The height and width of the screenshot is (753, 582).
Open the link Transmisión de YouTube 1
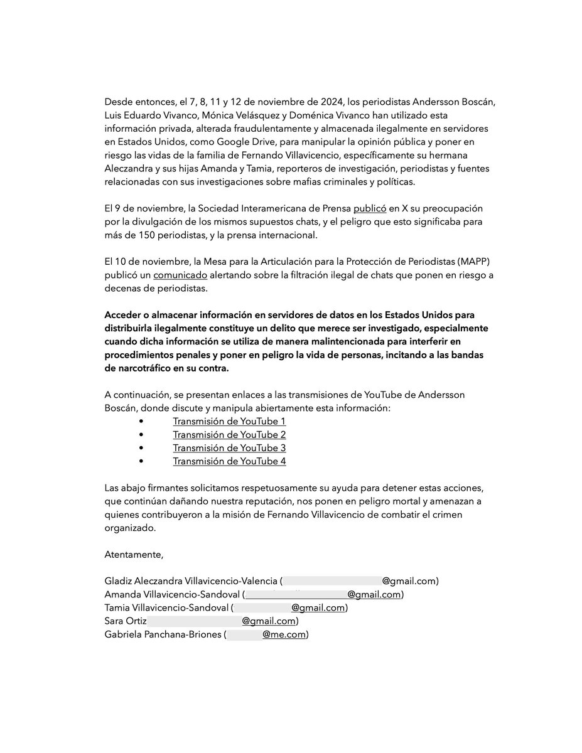229,421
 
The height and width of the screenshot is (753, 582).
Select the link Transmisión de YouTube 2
229,434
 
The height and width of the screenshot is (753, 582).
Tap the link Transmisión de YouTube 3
229,447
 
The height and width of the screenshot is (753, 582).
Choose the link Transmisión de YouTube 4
229,461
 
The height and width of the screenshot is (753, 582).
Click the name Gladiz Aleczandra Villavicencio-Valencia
191,581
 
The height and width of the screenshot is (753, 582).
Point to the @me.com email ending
284,634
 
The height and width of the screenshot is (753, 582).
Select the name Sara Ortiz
126,621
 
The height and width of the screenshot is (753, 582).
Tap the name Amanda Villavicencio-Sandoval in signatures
171,594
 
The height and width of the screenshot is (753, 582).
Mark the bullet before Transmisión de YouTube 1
142,422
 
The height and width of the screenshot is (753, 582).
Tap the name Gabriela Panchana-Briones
163,634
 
